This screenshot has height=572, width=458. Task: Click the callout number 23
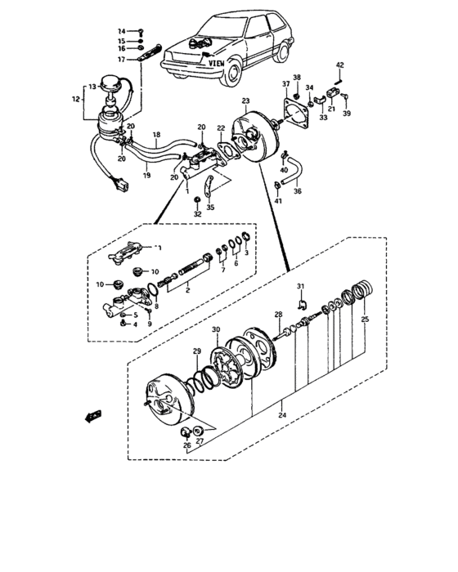pyautogui.click(x=245, y=101)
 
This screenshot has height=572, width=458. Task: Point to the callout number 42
pyautogui.click(x=340, y=65)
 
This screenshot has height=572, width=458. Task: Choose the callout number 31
pyautogui.click(x=300, y=285)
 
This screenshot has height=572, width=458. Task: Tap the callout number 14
pyautogui.click(x=122, y=29)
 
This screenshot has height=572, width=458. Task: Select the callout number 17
pyautogui.click(x=122, y=60)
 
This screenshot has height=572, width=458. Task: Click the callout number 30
pyautogui.click(x=216, y=330)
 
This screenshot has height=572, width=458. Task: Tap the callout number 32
pyautogui.click(x=197, y=213)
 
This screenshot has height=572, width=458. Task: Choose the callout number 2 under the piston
pyautogui.click(x=189, y=289)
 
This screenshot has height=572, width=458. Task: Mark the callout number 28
pyautogui.click(x=278, y=314)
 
